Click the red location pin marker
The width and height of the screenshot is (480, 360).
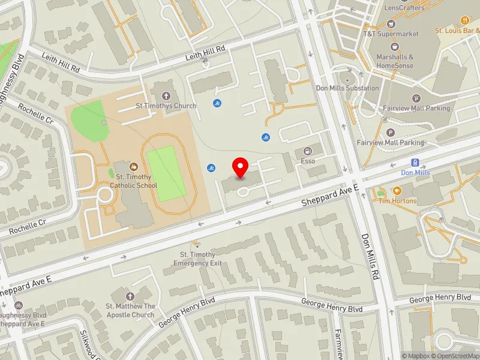coord(241,168)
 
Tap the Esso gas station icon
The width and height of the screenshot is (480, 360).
coord(308,151)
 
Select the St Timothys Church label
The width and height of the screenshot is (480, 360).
coord(166,106)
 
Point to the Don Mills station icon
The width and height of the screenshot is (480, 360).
coord(415,163)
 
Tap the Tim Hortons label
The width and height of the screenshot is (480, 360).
coord(397,201)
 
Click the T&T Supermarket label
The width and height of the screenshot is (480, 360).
coord(391,34)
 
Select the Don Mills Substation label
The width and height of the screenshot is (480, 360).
coord(348,88)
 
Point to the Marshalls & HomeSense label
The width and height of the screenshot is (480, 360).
coord(395,61)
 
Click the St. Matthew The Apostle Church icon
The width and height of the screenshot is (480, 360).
coord(130,296)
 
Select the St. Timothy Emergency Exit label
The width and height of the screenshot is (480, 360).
coord(198,259)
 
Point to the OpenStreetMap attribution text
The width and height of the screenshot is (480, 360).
coord(454,356)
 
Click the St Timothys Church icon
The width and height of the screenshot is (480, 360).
coord(166,95)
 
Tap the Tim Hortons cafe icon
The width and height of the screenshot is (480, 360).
coord(380,193)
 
